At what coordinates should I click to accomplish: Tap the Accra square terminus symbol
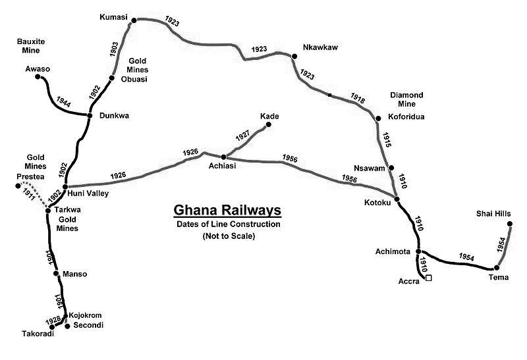[x=429, y=278]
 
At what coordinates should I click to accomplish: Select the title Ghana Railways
[x=227, y=211]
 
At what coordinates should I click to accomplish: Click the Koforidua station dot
[x=378, y=118]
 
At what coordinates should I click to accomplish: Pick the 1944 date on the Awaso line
[x=63, y=103]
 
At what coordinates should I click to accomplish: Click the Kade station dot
[x=268, y=124]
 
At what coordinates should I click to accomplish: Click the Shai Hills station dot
[x=511, y=224]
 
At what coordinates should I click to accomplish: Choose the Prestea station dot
[x=18, y=186]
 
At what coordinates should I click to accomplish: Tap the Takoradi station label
[x=36, y=334]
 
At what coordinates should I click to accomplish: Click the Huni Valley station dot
[x=64, y=187]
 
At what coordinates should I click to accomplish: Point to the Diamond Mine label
[x=406, y=99]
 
